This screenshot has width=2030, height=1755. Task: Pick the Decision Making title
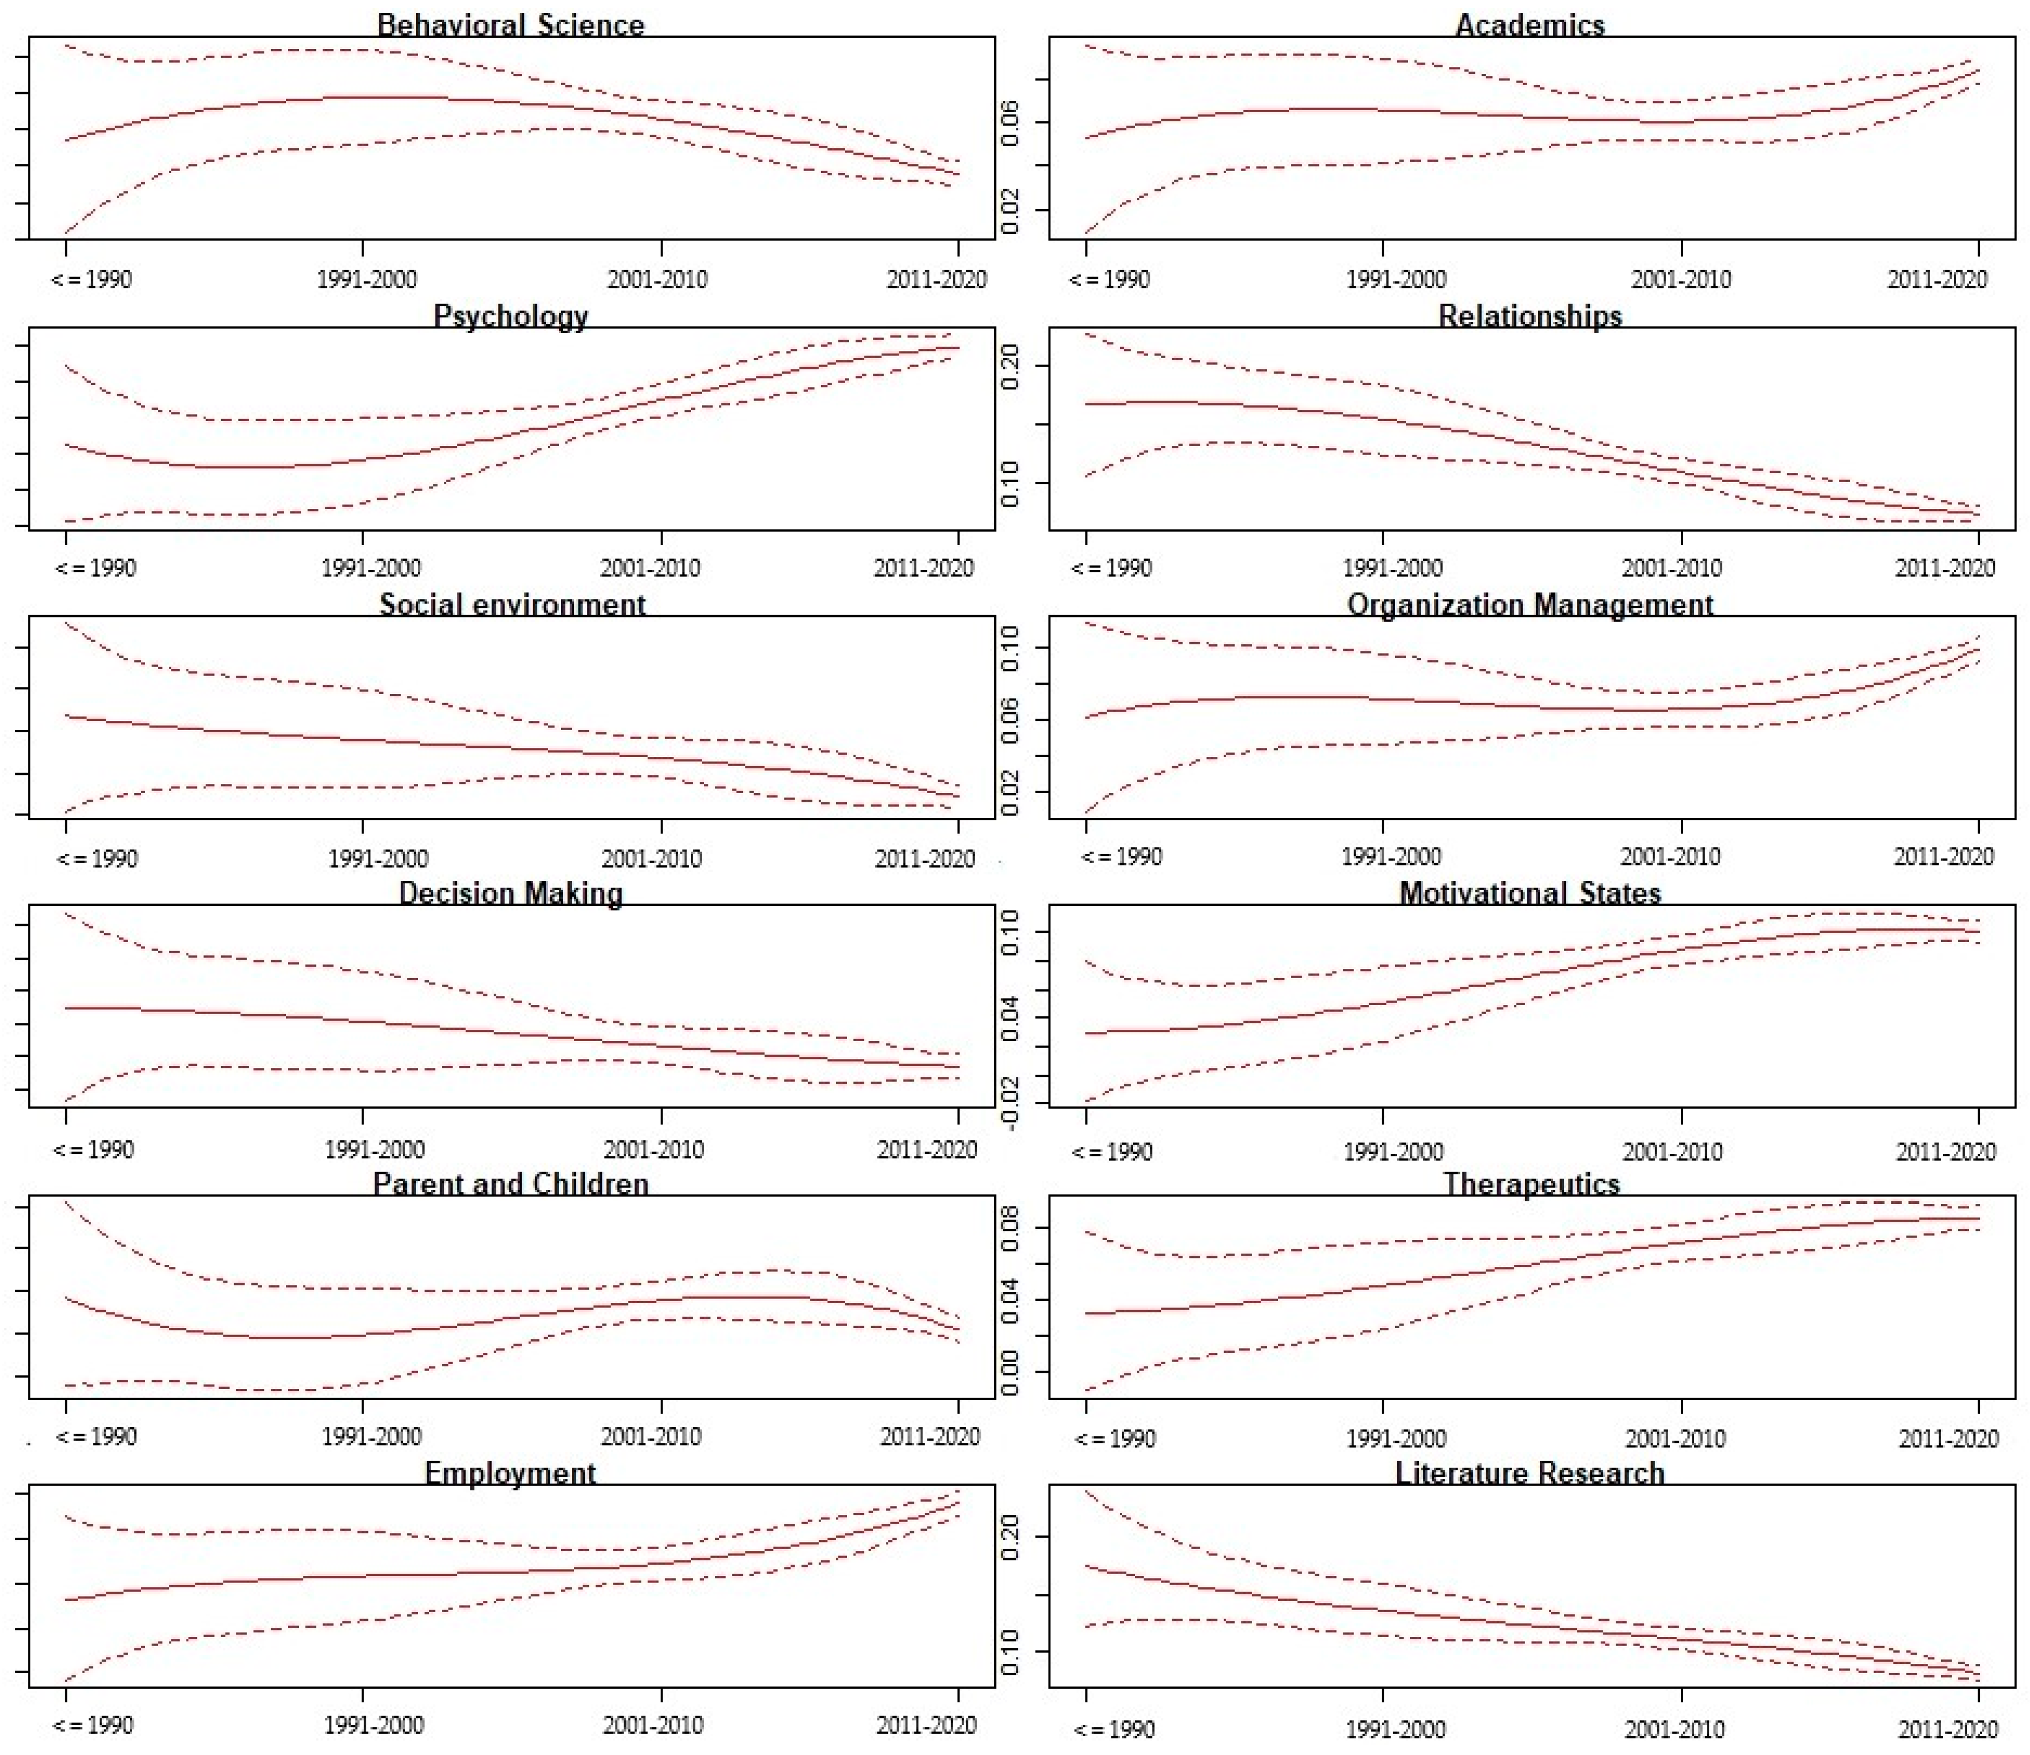coord(510,893)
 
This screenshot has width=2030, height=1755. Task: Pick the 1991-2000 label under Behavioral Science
coord(366,279)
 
